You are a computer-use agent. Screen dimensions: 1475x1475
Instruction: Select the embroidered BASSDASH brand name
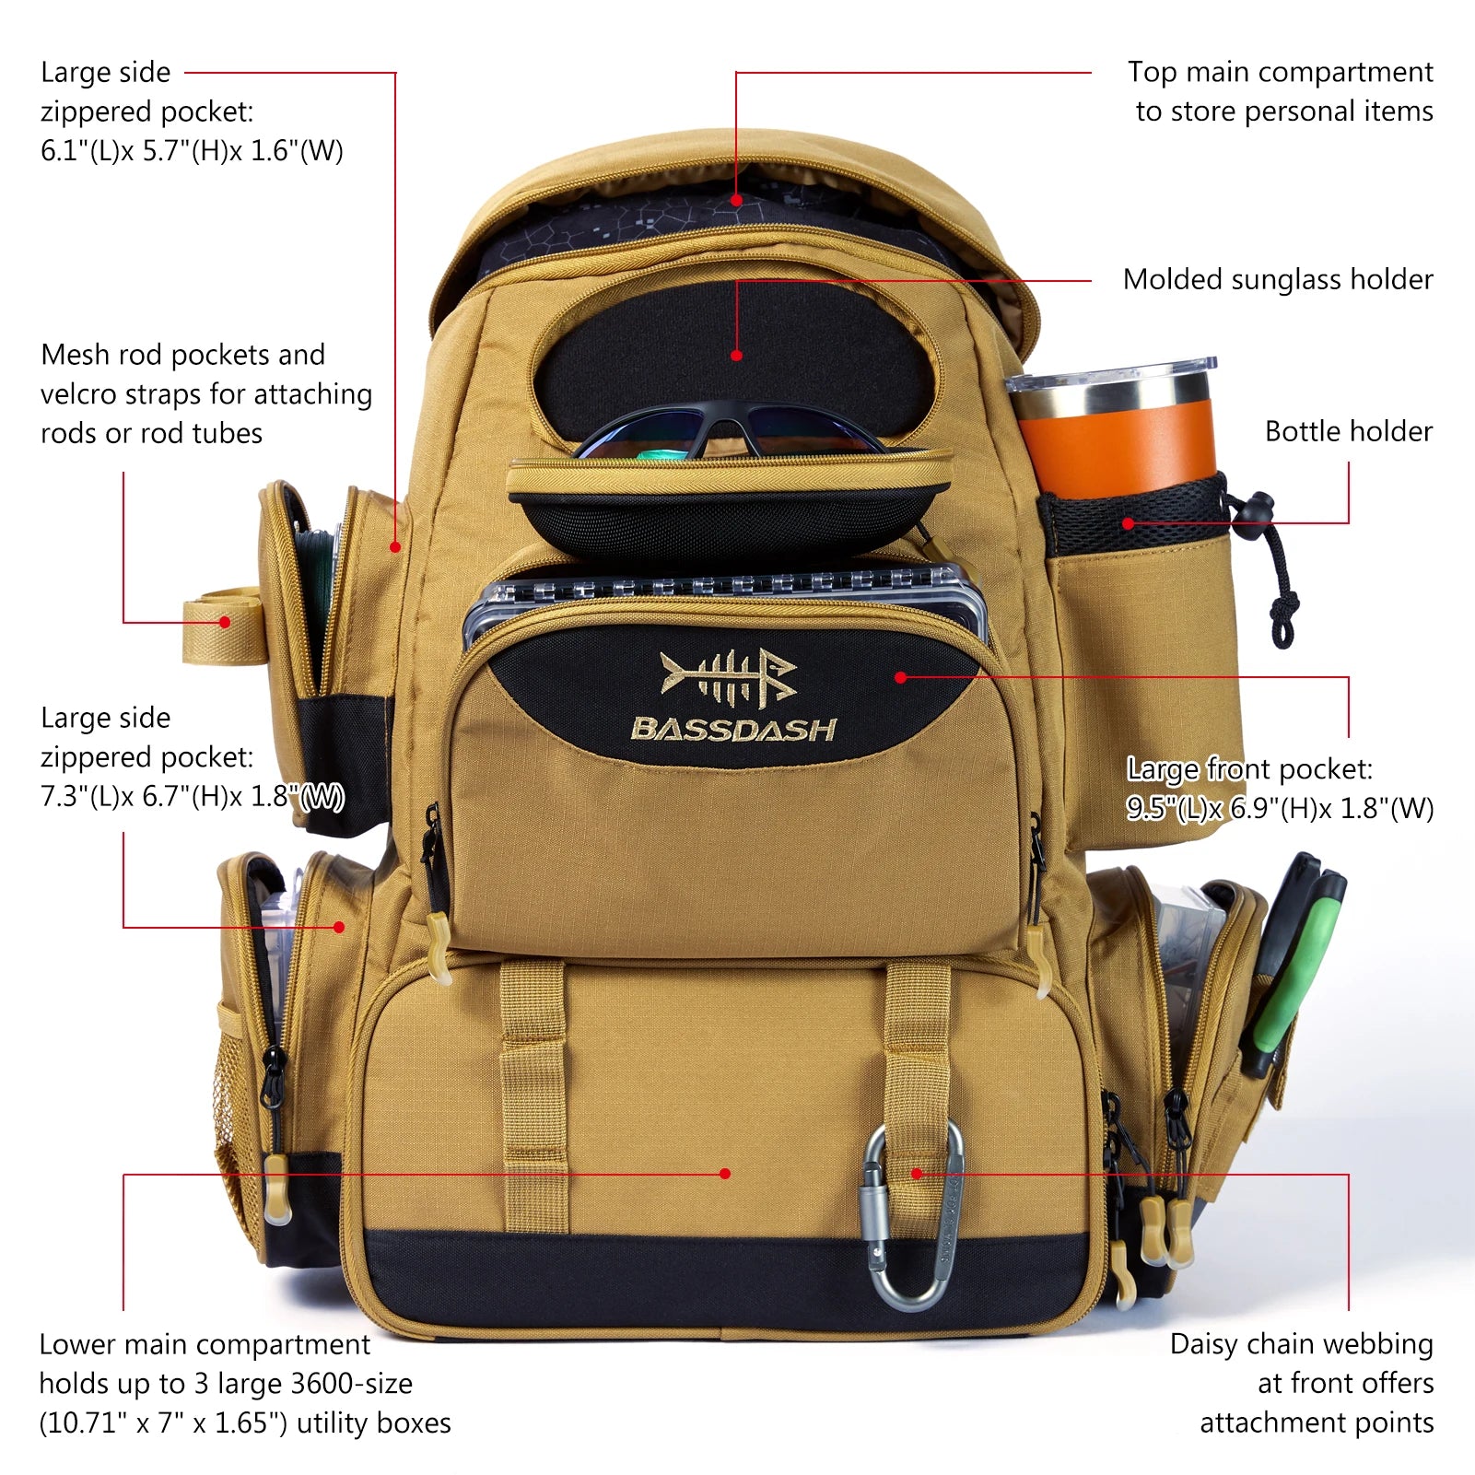(x=733, y=730)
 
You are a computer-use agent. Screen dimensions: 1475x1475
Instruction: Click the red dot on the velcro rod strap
(x=224, y=622)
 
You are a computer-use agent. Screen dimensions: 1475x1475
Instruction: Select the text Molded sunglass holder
(x=1277, y=279)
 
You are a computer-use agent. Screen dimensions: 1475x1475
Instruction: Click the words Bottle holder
(x=1348, y=431)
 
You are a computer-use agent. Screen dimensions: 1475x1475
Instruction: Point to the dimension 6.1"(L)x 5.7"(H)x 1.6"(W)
(x=192, y=151)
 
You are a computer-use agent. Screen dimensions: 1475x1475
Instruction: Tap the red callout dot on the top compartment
(x=736, y=200)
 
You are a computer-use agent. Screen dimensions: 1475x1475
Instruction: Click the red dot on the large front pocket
(x=900, y=677)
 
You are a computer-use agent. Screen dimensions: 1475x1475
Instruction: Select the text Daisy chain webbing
(x=1301, y=1344)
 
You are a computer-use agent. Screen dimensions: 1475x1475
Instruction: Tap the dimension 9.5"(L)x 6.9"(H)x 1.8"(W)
(x=1279, y=809)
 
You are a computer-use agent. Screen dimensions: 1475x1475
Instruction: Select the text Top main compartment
(x=1280, y=72)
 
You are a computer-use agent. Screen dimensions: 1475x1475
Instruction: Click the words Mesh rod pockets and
(x=182, y=355)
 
